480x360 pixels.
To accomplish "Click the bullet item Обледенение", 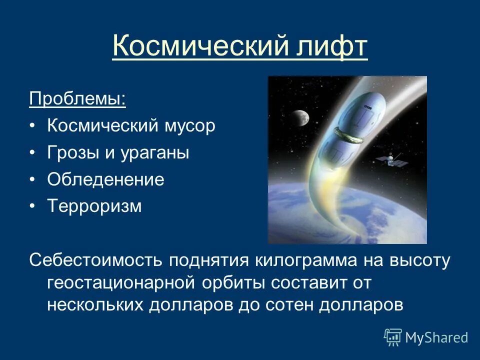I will (105, 179).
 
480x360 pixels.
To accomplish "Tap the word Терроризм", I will (94, 206).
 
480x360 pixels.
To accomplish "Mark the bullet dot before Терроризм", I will (32, 206).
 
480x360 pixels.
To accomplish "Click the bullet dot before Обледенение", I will (32, 179).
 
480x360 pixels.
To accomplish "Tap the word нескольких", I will (94, 305).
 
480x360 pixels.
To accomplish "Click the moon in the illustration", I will (301, 116).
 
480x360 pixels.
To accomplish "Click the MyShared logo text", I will (436, 338).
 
